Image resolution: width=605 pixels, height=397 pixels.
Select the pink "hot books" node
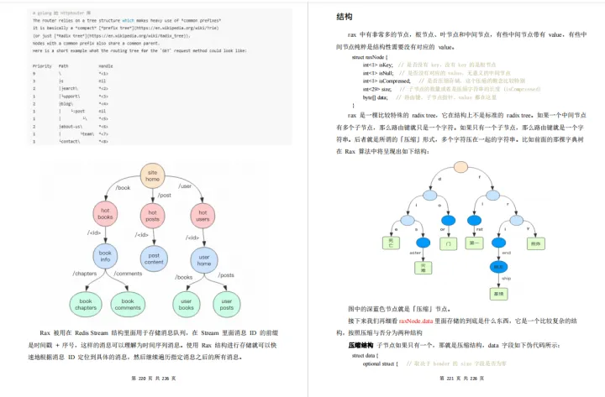point(105,216)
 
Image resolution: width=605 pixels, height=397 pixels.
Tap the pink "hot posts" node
point(154,216)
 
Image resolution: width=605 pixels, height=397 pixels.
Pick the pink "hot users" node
point(203,216)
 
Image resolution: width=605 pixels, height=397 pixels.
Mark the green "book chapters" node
point(85,303)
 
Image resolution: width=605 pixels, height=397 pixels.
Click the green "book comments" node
point(128,303)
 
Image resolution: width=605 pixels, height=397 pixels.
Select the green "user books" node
point(186,303)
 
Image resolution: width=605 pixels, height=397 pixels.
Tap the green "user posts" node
point(226,303)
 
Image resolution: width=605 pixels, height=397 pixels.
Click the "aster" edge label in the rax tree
point(413,251)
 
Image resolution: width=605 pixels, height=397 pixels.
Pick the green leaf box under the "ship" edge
point(499,294)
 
